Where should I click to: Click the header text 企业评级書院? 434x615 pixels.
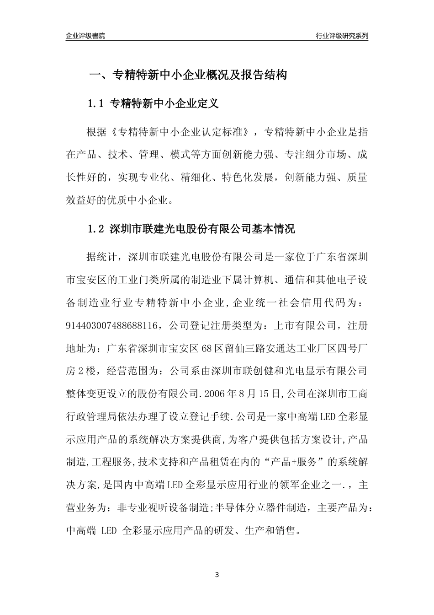pyautogui.click(x=85, y=36)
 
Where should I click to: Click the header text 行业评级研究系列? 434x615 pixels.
pyautogui.click(x=342, y=36)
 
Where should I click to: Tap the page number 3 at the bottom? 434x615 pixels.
pyautogui.click(x=217, y=575)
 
